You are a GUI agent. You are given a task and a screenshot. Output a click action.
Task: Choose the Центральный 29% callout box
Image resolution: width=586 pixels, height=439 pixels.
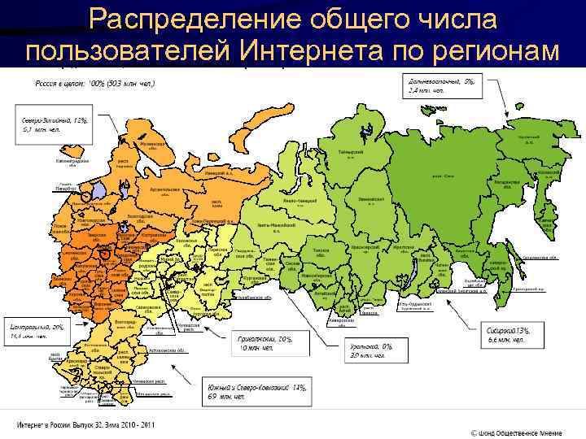coord(37,330)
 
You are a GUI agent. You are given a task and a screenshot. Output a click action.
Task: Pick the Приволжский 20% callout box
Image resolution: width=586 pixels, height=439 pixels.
coord(259,343)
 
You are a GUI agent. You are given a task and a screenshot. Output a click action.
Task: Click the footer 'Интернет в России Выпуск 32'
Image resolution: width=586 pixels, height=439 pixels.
coord(83,425)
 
